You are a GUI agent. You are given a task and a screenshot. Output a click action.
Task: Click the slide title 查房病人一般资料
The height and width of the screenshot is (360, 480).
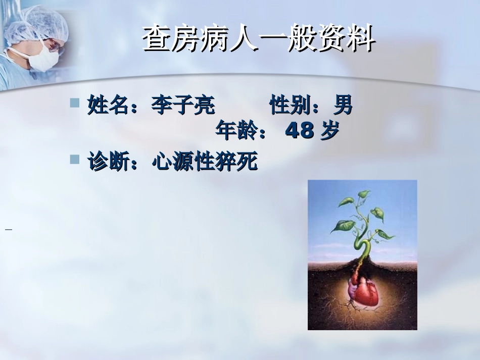coord(258,39)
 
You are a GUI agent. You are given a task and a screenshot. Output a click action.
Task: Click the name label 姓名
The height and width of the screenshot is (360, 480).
coord(106,106)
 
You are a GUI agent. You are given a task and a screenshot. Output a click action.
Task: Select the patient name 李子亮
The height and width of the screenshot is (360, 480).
coord(183,106)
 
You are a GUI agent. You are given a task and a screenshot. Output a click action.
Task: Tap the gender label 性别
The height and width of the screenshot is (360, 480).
coord(287,106)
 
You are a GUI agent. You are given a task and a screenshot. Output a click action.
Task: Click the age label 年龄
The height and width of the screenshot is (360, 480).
coord(233,131)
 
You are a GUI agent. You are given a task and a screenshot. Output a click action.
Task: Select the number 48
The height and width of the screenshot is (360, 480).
coord(300,131)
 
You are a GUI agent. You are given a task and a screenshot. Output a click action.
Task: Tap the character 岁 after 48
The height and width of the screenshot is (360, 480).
coord(329,131)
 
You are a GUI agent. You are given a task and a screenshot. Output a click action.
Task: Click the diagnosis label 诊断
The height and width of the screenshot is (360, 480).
coord(106,163)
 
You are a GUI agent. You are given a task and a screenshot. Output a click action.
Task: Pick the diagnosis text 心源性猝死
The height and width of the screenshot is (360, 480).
coord(204,163)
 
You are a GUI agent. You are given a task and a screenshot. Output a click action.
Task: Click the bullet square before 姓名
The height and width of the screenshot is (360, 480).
coord(75,104)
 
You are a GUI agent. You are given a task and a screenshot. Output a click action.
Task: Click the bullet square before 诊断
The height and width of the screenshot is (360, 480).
coord(75,160)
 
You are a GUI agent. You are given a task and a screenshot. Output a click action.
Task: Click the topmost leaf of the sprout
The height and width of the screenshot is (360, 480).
coord(364,193)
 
